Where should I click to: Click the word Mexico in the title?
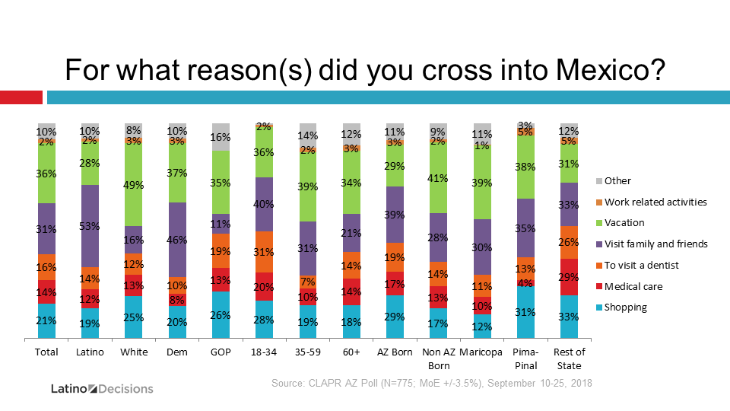click(611, 70)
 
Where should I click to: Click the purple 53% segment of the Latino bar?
click(90, 226)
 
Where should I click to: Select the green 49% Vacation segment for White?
click(133, 184)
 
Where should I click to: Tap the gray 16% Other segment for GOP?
click(221, 137)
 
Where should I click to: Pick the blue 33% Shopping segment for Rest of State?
click(569, 317)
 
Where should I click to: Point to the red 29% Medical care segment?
click(569, 277)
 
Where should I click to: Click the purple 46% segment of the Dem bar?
click(177, 240)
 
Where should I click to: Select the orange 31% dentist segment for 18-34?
click(264, 252)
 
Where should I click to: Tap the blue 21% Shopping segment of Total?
click(46, 320)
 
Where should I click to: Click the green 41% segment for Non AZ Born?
click(438, 177)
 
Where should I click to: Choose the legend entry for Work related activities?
click(652, 202)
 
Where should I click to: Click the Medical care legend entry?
click(630, 287)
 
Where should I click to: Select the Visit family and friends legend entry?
click(652, 244)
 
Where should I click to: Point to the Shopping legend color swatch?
click(599, 307)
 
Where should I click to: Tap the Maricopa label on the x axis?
click(481, 352)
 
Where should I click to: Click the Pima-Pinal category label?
click(525, 358)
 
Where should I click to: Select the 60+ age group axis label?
click(351, 352)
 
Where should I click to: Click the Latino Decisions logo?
click(102, 389)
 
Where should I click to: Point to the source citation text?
click(432, 383)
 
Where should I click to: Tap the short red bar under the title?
click(21, 97)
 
